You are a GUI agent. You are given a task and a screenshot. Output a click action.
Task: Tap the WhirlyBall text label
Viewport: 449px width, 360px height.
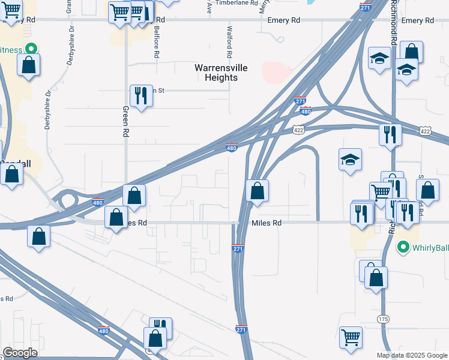coord(430,247)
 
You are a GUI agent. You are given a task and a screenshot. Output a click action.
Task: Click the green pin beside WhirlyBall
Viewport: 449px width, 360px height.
coord(403,247)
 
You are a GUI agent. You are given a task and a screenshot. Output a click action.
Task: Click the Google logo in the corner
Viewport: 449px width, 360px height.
coord(20,353)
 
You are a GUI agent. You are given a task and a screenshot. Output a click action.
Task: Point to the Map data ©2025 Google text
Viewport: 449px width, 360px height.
coord(412,355)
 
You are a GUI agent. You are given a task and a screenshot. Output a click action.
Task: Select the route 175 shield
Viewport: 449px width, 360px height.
coord(384,319)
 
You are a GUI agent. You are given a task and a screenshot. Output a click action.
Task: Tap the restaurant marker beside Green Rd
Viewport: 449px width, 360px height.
coord(141,96)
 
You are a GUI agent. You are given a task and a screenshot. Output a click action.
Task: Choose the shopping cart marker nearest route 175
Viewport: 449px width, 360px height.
coord(351,337)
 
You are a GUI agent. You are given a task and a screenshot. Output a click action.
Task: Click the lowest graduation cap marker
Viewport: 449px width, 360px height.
coord(350,160)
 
